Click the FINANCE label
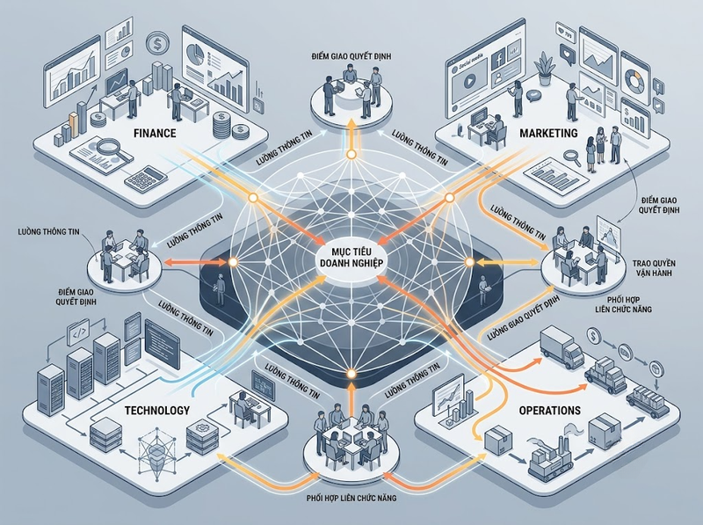pyautogui.click(x=155, y=134)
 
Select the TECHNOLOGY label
pyautogui.click(x=157, y=410)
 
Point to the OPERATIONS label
pyautogui.click(x=550, y=410)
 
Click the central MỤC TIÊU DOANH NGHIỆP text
pyautogui.click(x=351, y=256)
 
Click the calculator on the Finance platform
pyautogui.click(x=146, y=179)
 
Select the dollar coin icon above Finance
pyautogui.click(x=157, y=43)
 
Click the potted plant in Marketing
pyautogui.click(x=545, y=69)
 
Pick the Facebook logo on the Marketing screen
pyautogui.click(x=498, y=58)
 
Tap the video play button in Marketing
pyautogui.click(x=467, y=82)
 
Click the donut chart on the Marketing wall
pyautogui.click(x=633, y=79)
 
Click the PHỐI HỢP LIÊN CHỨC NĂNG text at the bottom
pyautogui.click(x=351, y=498)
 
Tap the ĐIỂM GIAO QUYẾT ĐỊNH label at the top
pyautogui.click(x=351, y=56)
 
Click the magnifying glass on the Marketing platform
pyautogui.click(x=573, y=157)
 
